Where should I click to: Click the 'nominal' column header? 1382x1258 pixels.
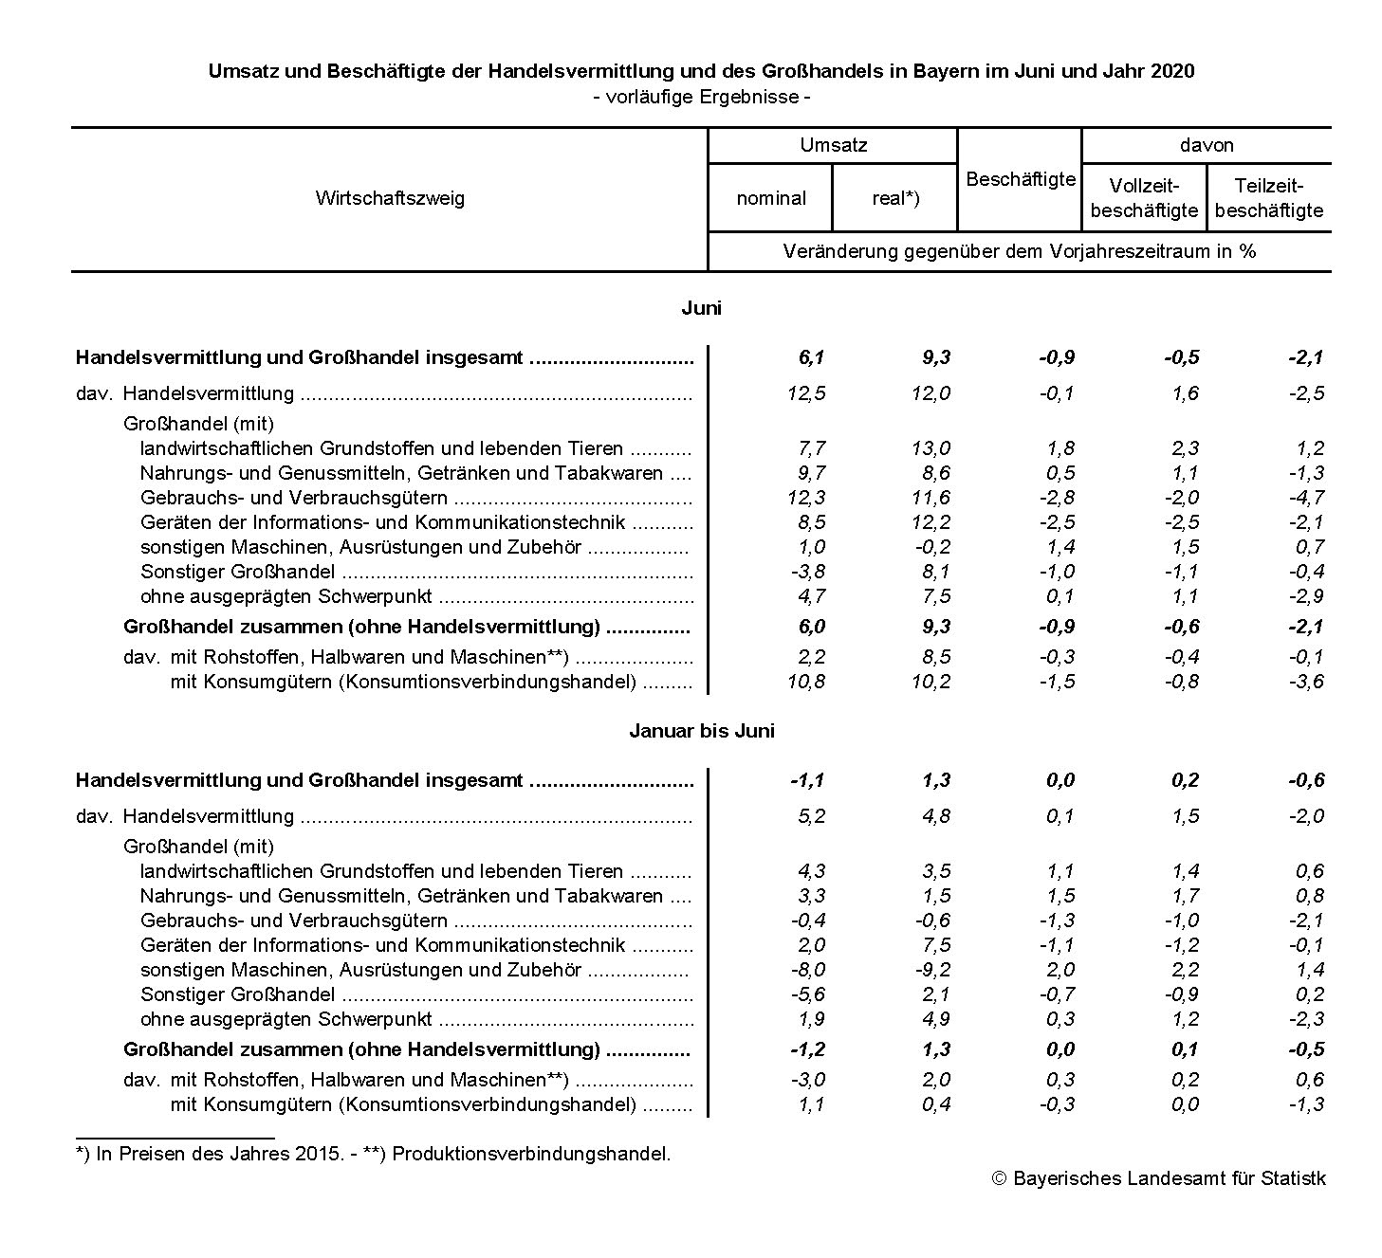click(x=770, y=198)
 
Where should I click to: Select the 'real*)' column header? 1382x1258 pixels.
click(x=895, y=198)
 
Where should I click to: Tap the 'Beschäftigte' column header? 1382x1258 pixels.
click(x=1020, y=179)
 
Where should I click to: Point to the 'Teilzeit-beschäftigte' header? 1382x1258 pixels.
click(x=1268, y=198)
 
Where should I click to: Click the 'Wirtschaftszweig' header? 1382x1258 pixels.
click(x=390, y=198)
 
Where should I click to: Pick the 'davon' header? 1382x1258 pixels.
click(x=1207, y=145)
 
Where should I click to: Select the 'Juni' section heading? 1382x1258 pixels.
click(x=701, y=308)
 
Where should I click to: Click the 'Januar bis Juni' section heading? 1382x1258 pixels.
click(x=701, y=731)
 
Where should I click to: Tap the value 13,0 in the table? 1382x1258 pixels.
click(x=931, y=448)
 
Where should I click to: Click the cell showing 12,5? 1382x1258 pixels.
click(x=806, y=393)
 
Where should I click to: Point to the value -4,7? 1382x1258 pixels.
click(x=1306, y=498)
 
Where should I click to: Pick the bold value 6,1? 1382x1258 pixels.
click(x=811, y=357)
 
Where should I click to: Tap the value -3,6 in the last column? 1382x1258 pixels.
click(x=1306, y=682)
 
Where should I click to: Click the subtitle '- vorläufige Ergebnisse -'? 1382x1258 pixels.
click(x=701, y=97)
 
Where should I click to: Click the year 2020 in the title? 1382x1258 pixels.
click(x=1173, y=71)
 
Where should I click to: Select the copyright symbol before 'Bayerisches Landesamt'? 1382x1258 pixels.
click(x=998, y=1179)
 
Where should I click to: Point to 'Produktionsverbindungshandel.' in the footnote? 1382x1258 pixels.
click(x=531, y=1154)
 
